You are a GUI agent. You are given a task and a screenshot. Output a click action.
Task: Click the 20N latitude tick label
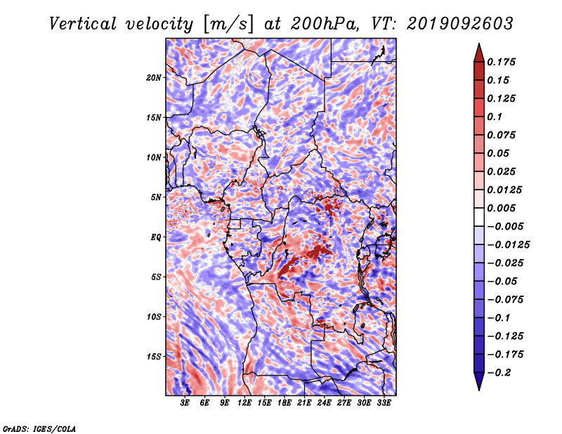point(153,78)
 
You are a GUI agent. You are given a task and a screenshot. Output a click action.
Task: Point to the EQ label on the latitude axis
point(155,237)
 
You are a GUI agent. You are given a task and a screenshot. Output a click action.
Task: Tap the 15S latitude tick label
point(153,357)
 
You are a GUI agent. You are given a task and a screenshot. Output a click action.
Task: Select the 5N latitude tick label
point(155,197)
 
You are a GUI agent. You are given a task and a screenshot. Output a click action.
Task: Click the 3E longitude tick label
point(185,403)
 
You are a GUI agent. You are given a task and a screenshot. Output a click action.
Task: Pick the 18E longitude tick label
point(285,403)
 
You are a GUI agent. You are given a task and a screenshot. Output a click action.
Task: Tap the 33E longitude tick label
point(384,403)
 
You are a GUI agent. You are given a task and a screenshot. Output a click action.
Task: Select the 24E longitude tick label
point(324,403)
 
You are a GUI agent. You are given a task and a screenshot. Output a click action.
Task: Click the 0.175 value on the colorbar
point(501,62)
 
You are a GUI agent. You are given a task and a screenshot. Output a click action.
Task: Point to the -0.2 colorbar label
point(499,373)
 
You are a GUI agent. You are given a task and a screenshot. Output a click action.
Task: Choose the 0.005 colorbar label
point(501,208)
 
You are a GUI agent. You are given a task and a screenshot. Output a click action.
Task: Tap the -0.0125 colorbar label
point(508,245)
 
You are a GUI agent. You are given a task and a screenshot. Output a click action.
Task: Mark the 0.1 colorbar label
point(495,117)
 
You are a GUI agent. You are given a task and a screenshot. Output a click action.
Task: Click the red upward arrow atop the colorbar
point(479,53)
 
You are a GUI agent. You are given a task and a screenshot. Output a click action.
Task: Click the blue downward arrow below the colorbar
point(479,381)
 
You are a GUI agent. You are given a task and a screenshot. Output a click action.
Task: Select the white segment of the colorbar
point(479,217)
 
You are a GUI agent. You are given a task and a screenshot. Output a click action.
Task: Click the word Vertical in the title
point(83,24)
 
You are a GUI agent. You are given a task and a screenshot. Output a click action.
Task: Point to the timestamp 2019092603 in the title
point(460,24)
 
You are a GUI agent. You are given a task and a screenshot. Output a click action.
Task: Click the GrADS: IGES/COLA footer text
point(39,428)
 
